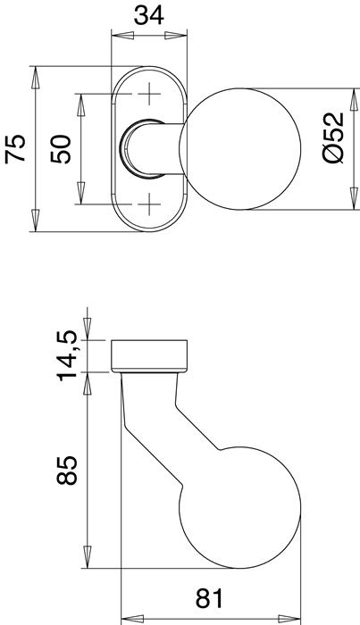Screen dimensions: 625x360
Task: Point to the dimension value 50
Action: (61, 148)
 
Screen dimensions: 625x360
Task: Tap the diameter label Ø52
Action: (331, 138)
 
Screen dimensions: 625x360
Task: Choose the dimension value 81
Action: (207, 596)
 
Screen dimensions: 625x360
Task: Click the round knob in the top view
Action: (233, 148)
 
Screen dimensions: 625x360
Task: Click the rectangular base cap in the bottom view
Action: (148, 354)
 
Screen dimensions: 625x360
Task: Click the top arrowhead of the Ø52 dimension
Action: (348, 96)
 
